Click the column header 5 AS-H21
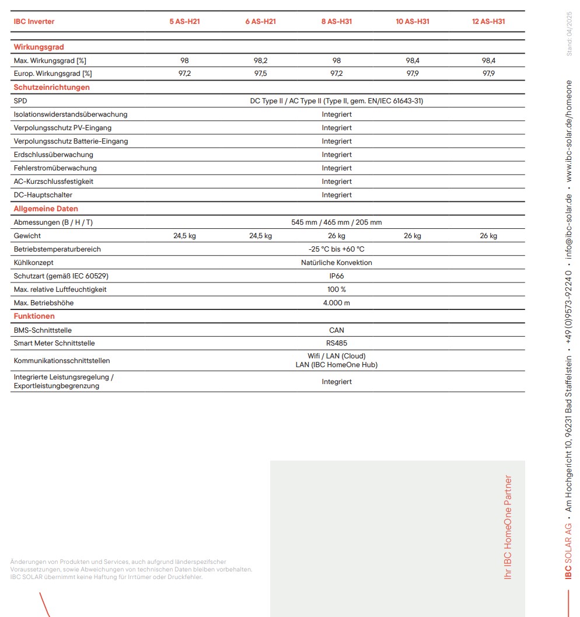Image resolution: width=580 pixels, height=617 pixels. click(184, 22)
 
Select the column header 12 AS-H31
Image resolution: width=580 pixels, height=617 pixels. click(488, 22)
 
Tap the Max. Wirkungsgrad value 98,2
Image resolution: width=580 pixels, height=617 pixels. click(260, 61)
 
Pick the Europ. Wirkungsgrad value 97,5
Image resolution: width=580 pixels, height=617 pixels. click(260, 74)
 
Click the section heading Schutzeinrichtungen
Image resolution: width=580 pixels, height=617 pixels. click(52, 88)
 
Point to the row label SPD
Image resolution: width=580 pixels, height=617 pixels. click(20, 101)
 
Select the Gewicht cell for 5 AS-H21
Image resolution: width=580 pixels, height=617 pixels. click(184, 236)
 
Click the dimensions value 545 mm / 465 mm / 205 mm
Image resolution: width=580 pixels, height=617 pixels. click(337, 222)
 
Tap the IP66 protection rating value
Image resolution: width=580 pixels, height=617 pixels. click(337, 276)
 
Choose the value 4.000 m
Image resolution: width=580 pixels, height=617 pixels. click(337, 303)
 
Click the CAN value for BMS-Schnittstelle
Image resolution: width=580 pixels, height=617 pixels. click(337, 330)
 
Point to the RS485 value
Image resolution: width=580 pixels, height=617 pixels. click(337, 343)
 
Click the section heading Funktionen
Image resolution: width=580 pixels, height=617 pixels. click(34, 316)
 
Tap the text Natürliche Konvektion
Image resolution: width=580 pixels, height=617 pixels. click(337, 263)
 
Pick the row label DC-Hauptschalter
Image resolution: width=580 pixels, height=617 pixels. click(43, 195)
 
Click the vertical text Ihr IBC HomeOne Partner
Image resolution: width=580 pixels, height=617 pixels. click(508, 527)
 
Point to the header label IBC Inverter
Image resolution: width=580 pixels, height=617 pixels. click(34, 22)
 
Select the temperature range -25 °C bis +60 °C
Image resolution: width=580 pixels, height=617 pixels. click(337, 249)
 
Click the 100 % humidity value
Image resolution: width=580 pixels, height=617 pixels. click(337, 290)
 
